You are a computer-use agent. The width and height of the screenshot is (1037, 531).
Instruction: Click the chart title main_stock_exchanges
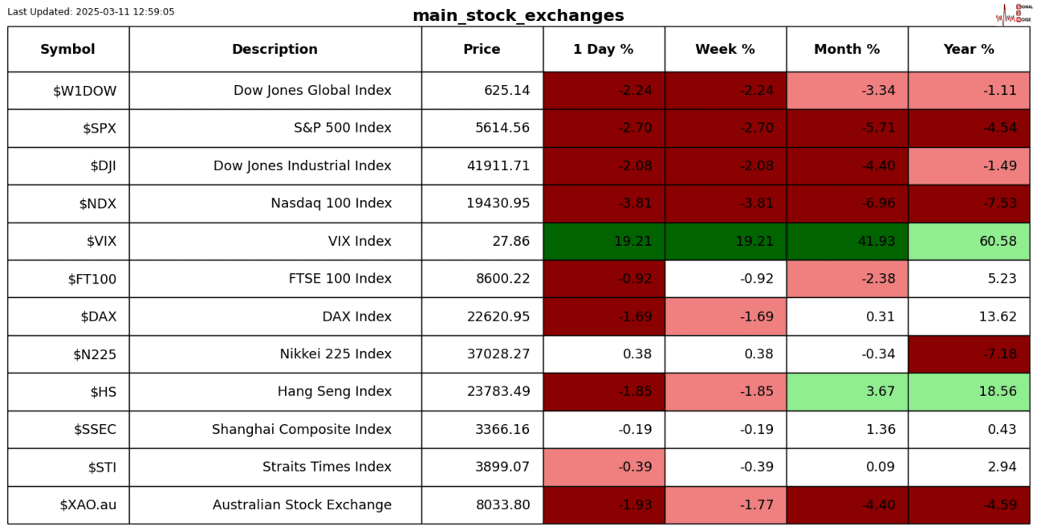518,16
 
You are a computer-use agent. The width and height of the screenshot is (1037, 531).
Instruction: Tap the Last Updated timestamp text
91,12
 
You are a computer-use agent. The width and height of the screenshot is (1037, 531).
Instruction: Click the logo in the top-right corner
1013,14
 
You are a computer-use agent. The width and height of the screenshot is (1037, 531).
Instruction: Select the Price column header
482,49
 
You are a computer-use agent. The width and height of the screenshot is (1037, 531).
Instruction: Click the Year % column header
968,49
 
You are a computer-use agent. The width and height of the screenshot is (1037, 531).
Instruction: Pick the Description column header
274,49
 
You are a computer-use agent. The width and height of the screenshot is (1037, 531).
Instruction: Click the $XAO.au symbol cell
88,505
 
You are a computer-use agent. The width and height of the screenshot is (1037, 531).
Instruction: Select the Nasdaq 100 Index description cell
331,203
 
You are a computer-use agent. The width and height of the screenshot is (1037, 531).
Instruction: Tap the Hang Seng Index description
334,392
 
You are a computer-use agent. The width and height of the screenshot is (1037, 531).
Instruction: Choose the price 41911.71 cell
498,165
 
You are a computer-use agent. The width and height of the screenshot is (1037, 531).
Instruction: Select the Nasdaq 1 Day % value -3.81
635,203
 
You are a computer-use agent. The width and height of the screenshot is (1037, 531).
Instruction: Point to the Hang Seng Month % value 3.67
880,392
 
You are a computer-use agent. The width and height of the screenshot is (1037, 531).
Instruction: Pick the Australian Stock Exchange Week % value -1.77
757,505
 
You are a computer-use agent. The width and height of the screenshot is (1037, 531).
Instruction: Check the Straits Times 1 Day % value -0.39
635,468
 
